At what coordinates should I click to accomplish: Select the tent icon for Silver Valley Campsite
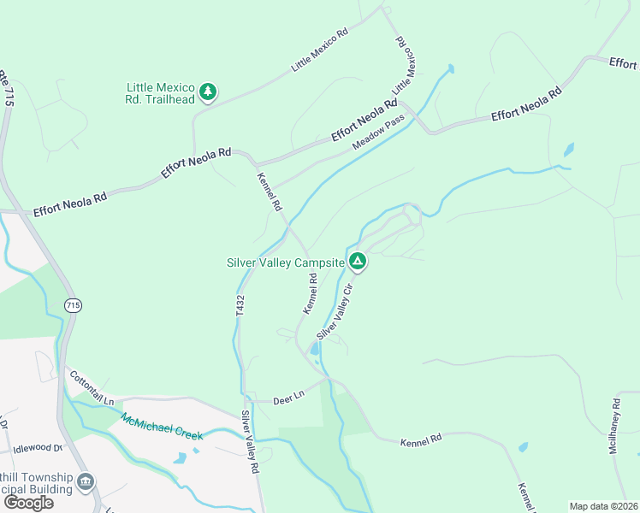(358, 262)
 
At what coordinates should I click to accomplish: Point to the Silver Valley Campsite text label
(285, 262)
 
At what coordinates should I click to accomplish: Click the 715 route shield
(73, 304)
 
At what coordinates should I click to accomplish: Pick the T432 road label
(240, 307)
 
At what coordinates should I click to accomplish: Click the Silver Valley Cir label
(335, 311)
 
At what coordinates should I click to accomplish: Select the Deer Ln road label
(288, 398)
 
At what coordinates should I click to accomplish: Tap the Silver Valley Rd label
(249, 442)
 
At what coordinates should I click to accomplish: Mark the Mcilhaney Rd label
(619, 425)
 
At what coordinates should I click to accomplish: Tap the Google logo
(28, 502)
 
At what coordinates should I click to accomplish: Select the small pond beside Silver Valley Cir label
(315, 349)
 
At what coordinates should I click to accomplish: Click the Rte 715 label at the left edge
(7, 85)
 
